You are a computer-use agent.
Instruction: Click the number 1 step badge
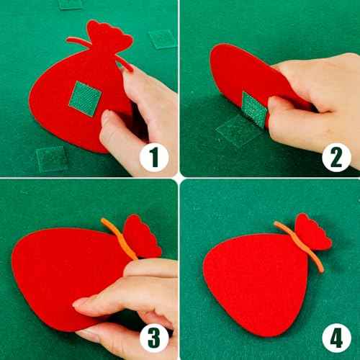click(154, 158)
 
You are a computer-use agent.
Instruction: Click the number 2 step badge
click(336, 158)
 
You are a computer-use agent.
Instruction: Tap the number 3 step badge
click(154, 338)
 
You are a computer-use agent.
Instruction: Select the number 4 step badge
click(336, 338)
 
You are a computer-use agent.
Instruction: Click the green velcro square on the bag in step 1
click(85, 99)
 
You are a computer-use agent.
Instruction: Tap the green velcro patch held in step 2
click(254, 109)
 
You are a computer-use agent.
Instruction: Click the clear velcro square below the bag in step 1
click(51, 159)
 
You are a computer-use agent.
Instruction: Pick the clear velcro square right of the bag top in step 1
click(161, 39)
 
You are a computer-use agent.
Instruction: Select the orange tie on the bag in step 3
click(119, 238)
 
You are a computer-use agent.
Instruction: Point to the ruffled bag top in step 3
click(142, 236)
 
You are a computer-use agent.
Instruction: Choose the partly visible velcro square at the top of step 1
click(70, 4)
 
